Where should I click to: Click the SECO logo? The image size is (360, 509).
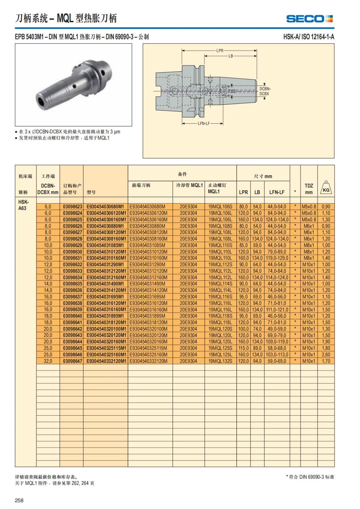(x=310, y=19)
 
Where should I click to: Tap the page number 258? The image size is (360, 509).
(x=19, y=500)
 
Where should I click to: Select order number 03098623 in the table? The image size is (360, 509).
(x=73, y=207)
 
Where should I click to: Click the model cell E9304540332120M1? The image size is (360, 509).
(x=106, y=361)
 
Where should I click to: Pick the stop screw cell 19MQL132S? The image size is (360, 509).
(x=220, y=361)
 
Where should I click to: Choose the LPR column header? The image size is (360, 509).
(x=243, y=192)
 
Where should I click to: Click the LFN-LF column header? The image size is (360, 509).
(x=277, y=192)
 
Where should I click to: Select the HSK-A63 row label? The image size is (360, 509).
(x=23, y=205)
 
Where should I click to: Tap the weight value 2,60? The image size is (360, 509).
(x=326, y=355)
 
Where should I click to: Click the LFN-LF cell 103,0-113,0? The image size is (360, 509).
(x=277, y=355)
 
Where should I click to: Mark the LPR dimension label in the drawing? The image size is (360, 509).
(x=220, y=50)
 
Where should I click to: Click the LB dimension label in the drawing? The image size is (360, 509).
(x=230, y=56)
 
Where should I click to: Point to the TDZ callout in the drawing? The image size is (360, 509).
(x=232, y=91)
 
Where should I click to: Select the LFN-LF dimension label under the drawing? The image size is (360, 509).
(x=204, y=123)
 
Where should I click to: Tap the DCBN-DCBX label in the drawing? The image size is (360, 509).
(x=265, y=91)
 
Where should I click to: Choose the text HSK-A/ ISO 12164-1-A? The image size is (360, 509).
(x=309, y=37)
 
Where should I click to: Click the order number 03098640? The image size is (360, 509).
(x=73, y=316)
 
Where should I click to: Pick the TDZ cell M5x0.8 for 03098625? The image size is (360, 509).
(x=309, y=220)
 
